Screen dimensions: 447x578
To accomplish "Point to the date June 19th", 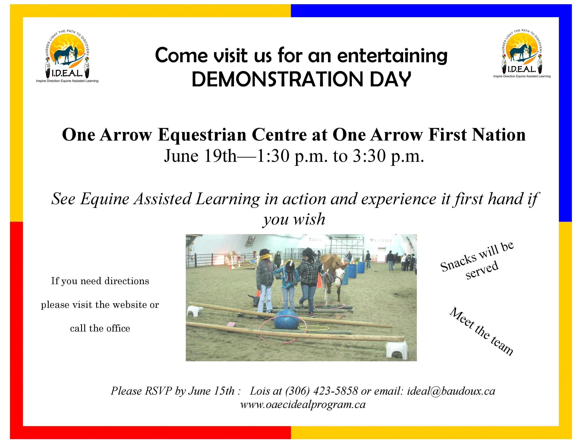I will point(200,156).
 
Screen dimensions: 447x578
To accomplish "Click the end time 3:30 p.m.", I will point(388,156).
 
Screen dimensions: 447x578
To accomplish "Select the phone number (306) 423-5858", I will point(321,391).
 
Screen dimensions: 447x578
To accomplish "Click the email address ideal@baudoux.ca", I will point(451,391).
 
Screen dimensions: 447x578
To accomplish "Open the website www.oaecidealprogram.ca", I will point(303,405).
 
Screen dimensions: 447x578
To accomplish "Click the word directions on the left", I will point(127,281).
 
